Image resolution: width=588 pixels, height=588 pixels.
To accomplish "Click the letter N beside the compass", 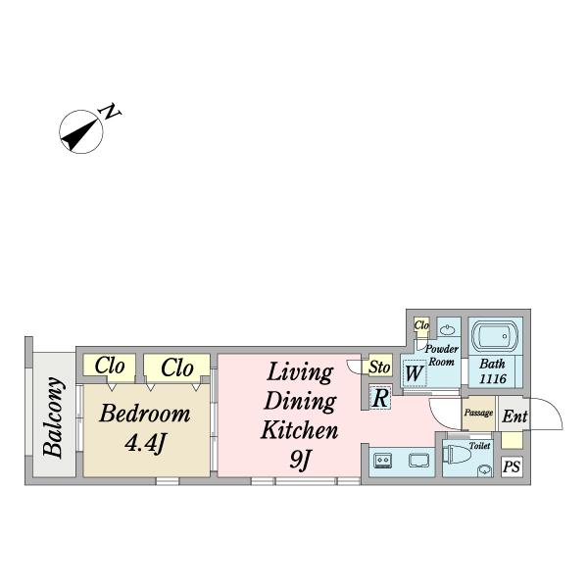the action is pyautogui.click(x=110, y=112).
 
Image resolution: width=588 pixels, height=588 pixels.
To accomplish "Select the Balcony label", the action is pyautogui.click(x=52, y=417).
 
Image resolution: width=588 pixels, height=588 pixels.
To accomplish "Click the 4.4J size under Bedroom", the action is pyautogui.click(x=145, y=444).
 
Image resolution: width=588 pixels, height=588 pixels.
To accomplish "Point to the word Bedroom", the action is pyautogui.click(x=145, y=414).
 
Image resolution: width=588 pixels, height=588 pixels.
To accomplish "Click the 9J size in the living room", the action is pyautogui.click(x=301, y=460).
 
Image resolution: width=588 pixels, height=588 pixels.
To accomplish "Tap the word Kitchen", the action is pyautogui.click(x=299, y=430).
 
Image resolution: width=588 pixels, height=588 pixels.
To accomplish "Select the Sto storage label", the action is pyautogui.click(x=379, y=367).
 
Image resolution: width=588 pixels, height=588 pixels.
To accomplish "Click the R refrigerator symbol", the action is pyautogui.click(x=380, y=398).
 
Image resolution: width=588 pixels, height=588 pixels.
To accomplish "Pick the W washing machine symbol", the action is pyautogui.click(x=415, y=373).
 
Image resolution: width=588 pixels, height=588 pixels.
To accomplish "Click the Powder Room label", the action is pyautogui.click(x=441, y=355).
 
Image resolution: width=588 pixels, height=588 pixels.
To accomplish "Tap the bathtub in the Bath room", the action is pyautogui.click(x=495, y=336).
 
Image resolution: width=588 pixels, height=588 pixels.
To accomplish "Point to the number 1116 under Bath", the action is pyautogui.click(x=493, y=378).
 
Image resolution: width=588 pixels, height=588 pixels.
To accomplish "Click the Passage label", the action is pyautogui.click(x=478, y=413).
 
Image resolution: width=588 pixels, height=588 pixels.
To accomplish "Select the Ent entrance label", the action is pyautogui.click(x=514, y=416).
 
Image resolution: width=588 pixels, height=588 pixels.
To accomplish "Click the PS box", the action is pyautogui.click(x=512, y=466).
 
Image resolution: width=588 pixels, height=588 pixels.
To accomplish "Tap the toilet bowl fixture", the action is pyautogui.click(x=457, y=455).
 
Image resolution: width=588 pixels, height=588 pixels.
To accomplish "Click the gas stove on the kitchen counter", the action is pyautogui.click(x=383, y=460).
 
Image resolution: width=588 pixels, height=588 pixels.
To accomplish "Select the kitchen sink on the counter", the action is pyautogui.click(x=418, y=461).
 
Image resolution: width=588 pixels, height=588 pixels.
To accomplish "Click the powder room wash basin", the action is pyautogui.click(x=448, y=330).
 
